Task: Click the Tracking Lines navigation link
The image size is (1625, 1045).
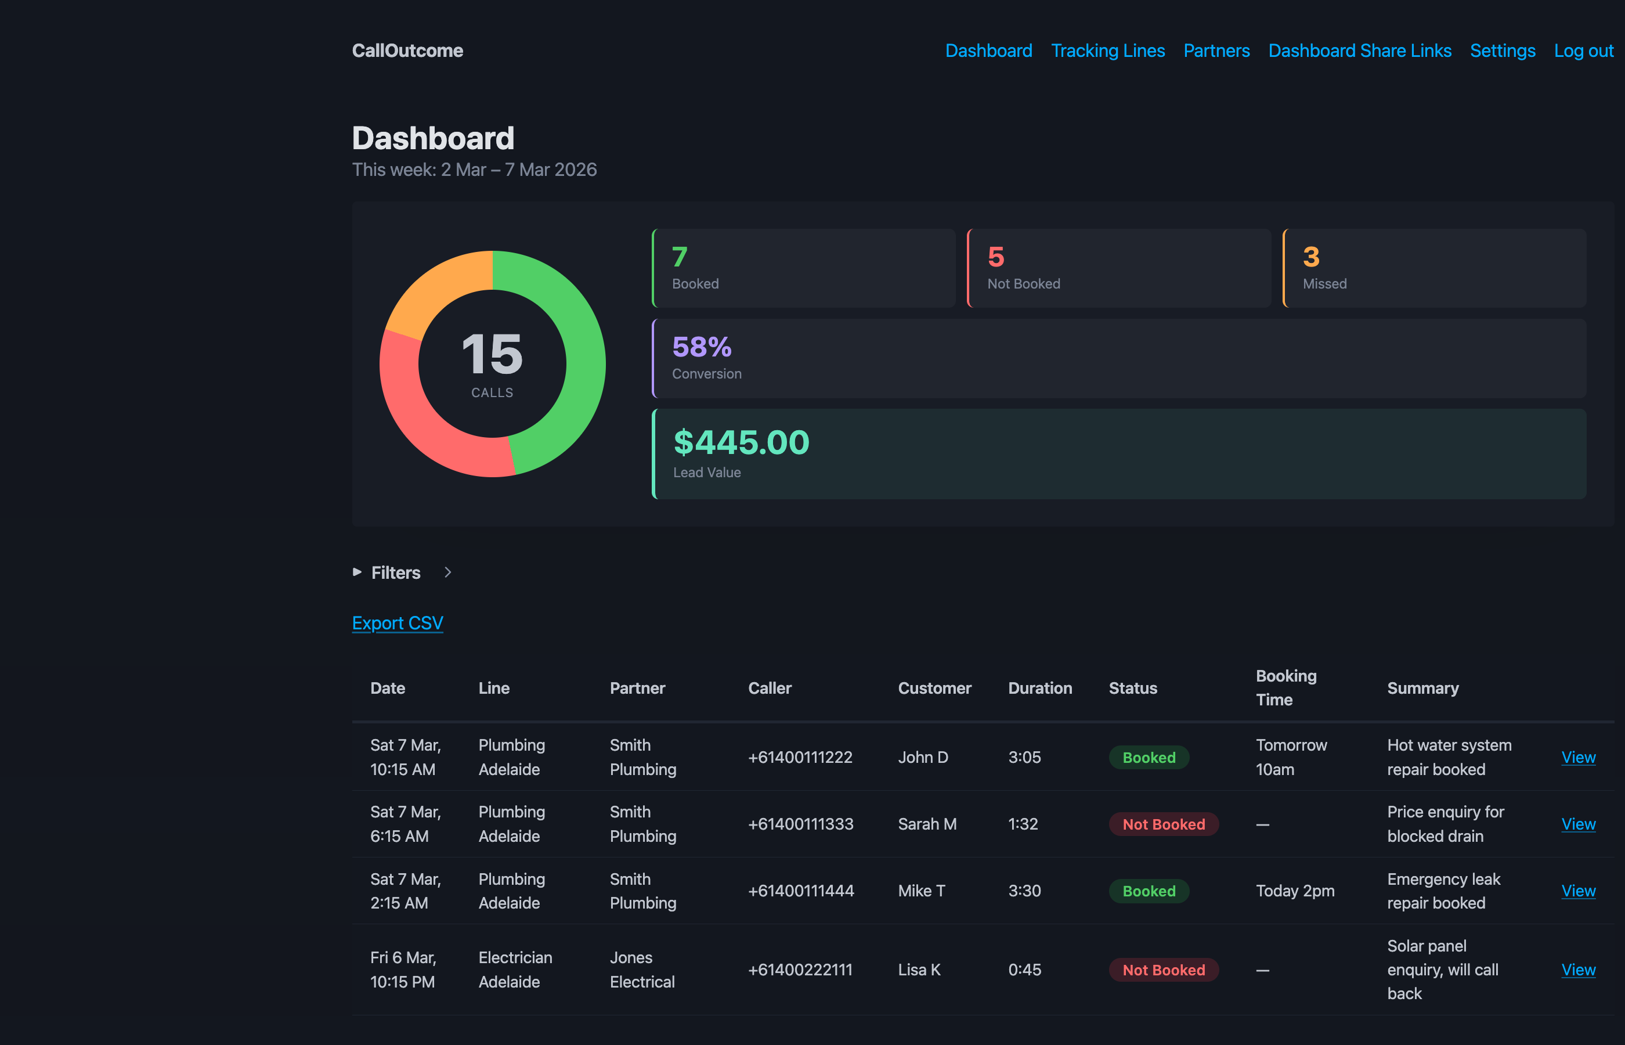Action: point(1107,51)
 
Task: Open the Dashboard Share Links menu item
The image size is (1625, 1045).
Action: point(1359,51)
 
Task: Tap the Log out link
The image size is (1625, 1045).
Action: point(1583,51)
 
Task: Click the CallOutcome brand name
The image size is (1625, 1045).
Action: point(407,51)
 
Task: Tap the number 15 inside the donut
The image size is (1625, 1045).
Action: point(492,354)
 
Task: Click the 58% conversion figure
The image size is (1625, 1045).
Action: point(701,347)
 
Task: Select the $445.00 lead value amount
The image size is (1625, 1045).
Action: point(741,442)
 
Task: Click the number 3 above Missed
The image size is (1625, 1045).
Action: point(1310,257)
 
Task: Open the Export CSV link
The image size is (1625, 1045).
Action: point(398,623)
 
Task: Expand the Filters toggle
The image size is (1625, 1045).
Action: point(395,572)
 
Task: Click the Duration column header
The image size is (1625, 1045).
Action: point(1039,688)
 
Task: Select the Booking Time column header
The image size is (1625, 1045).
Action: point(1285,687)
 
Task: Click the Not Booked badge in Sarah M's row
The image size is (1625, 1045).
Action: point(1163,824)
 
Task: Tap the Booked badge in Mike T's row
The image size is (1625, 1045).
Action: point(1148,891)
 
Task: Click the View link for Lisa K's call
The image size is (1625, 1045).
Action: point(1577,970)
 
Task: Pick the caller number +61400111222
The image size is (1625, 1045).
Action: point(800,757)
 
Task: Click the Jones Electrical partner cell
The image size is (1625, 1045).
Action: point(642,970)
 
